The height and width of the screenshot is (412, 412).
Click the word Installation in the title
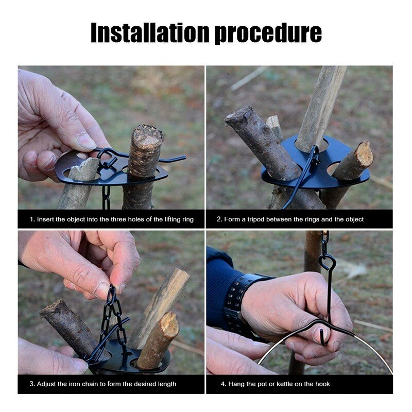[150, 32]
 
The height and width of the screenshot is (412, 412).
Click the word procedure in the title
[268, 33]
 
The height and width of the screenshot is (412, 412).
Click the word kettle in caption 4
[284, 384]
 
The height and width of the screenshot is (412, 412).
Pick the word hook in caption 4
[322, 384]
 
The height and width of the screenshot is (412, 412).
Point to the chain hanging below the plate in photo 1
[106, 198]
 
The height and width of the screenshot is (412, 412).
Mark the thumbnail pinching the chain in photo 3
[101, 289]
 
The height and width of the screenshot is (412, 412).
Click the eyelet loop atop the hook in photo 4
[327, 262]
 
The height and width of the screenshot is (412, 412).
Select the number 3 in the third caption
[31, 384]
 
